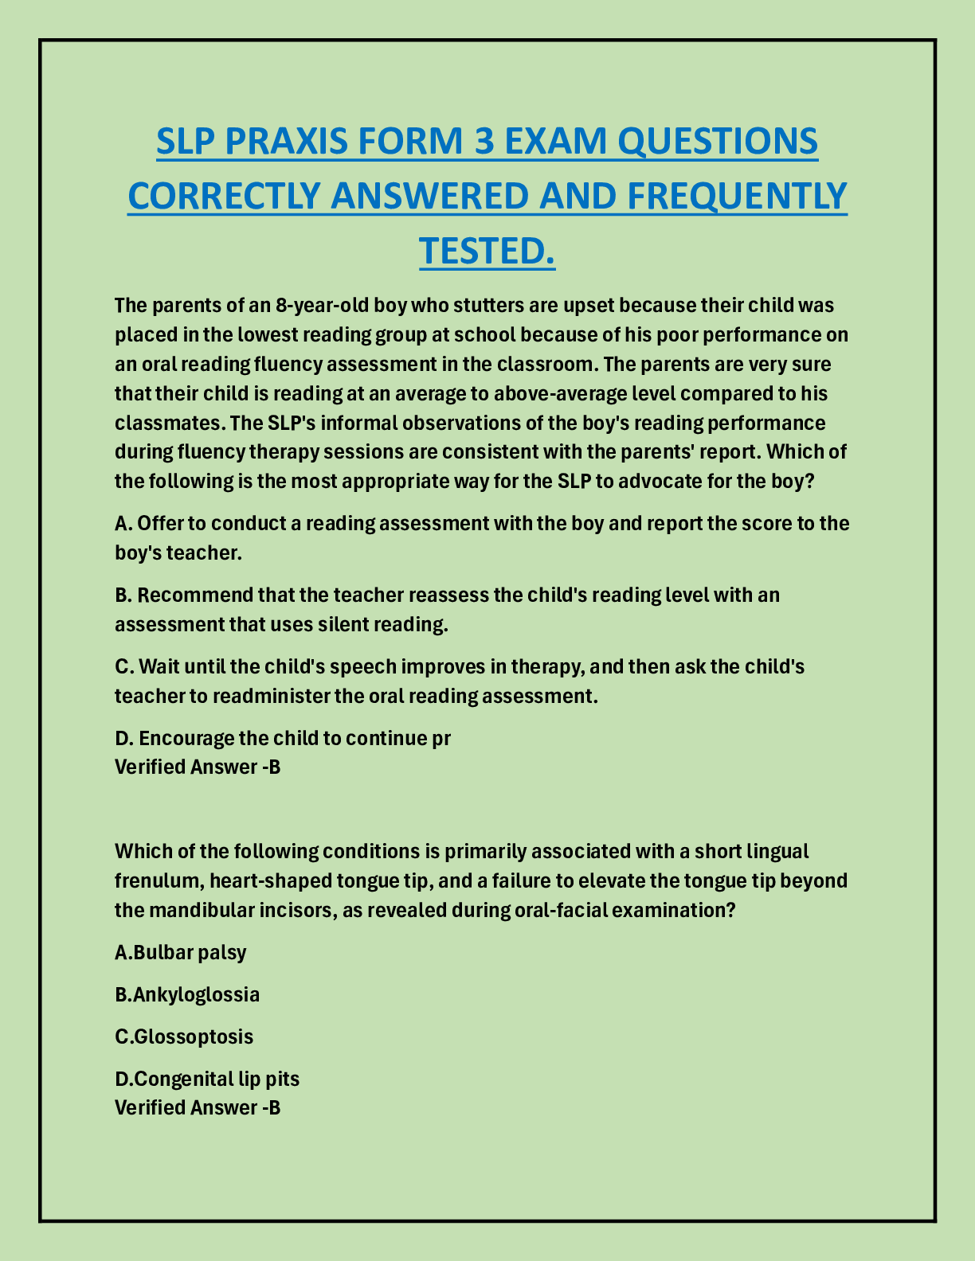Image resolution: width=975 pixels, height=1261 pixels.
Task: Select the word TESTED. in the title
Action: (487, 250)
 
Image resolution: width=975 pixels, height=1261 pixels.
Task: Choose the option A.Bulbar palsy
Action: (181, 952)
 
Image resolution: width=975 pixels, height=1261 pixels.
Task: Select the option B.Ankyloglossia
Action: (187, 994)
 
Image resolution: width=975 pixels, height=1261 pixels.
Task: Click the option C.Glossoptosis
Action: (184, 1037)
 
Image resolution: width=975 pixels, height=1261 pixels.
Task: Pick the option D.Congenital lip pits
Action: (207, 1079)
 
